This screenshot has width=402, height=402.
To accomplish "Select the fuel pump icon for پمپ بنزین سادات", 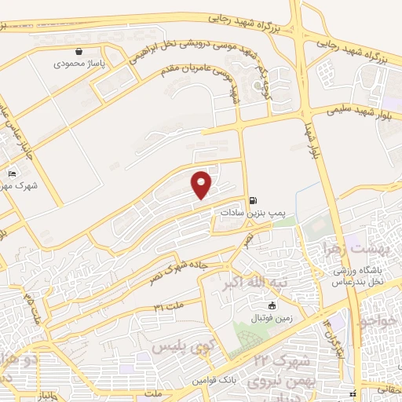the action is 253,201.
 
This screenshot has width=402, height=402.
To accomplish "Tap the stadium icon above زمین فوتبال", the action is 272,305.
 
